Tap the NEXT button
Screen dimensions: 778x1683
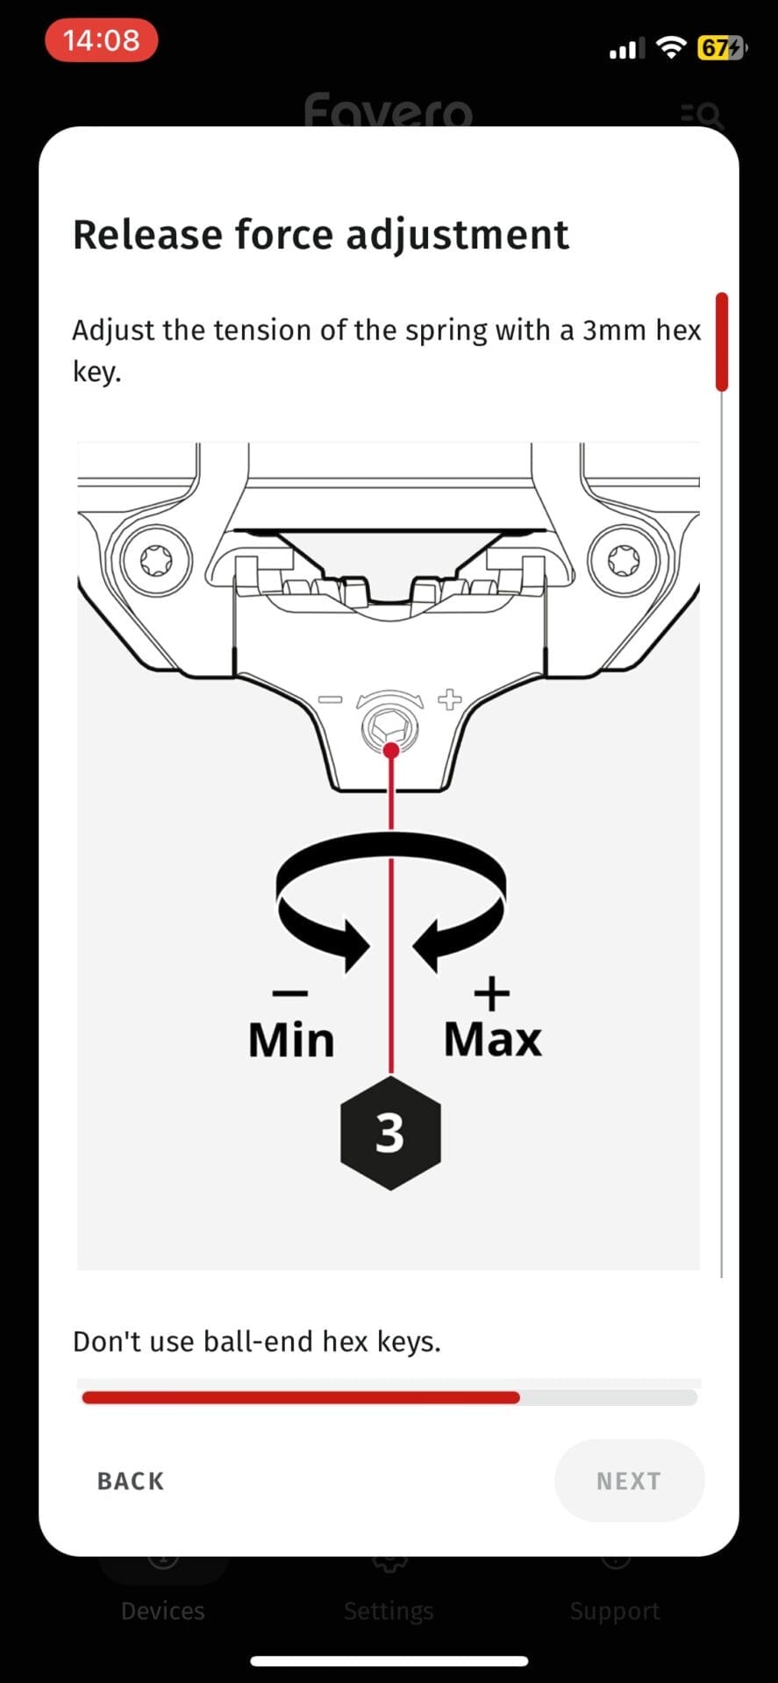[x=629, y=1481]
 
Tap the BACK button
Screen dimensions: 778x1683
[x=131, y=1481]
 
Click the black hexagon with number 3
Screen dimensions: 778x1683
[x=390, y=1133]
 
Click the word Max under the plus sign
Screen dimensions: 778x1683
[x=493, y=1040]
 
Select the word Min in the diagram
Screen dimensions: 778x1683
[x=291, y=1040]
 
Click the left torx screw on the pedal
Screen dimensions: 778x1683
[x=157, y=561]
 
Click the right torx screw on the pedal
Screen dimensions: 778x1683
[x=624, y=561]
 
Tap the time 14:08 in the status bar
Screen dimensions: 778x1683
[x=101, y=40]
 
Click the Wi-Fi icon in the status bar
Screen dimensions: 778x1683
[x=672, y=47]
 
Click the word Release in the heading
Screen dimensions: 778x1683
[x=146, y=235]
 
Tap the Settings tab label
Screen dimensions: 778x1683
[x=389, y=1611]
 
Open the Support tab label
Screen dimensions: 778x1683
[x=615, y=1611]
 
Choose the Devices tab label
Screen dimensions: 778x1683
[x=163, y=1610]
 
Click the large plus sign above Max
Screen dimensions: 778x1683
[x=492, y=993]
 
